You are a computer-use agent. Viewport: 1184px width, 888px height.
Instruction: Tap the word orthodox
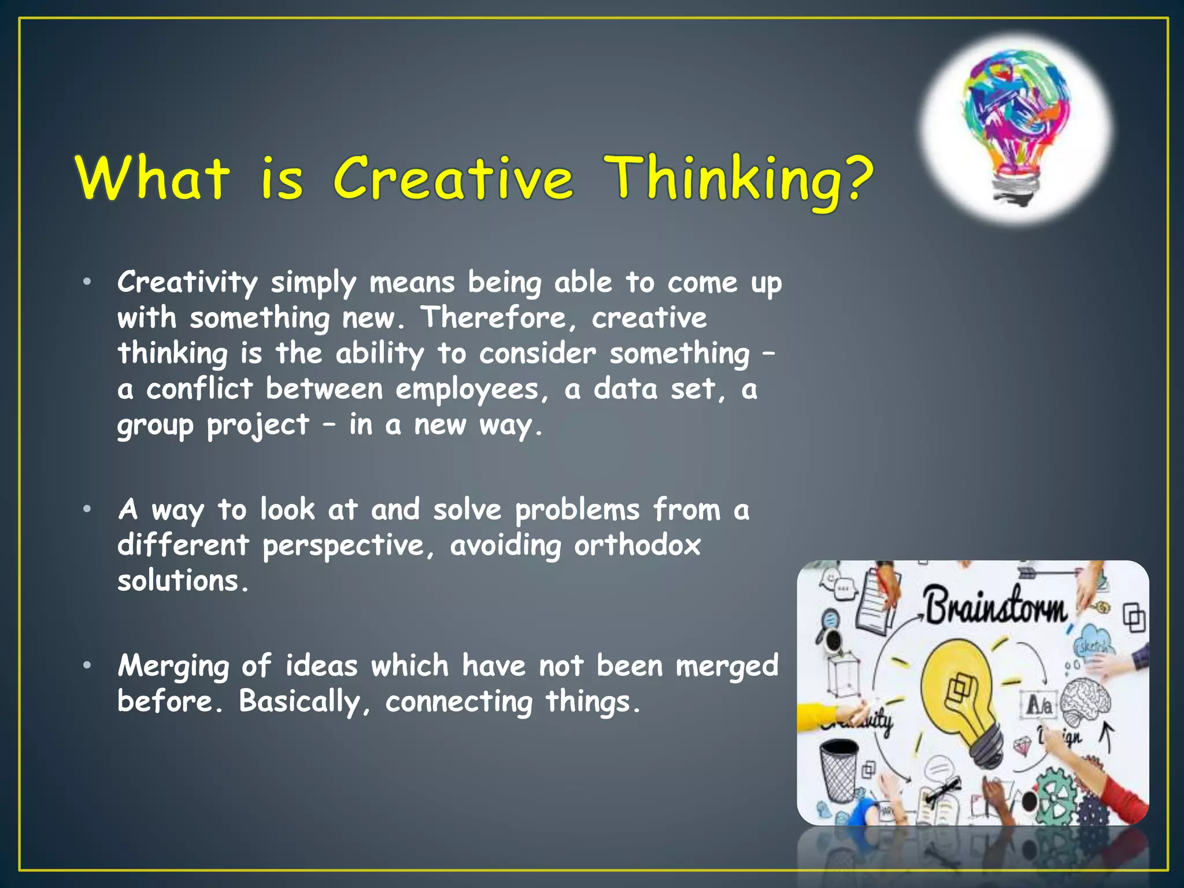click(637, 545)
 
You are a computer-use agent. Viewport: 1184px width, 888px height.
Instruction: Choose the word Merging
click(173, 667)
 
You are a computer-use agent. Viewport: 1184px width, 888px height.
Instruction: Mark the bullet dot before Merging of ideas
click(87, 665)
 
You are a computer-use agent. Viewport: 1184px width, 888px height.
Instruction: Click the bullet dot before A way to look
click(87, 509)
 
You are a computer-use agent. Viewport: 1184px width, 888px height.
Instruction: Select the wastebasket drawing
click(838, 769)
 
